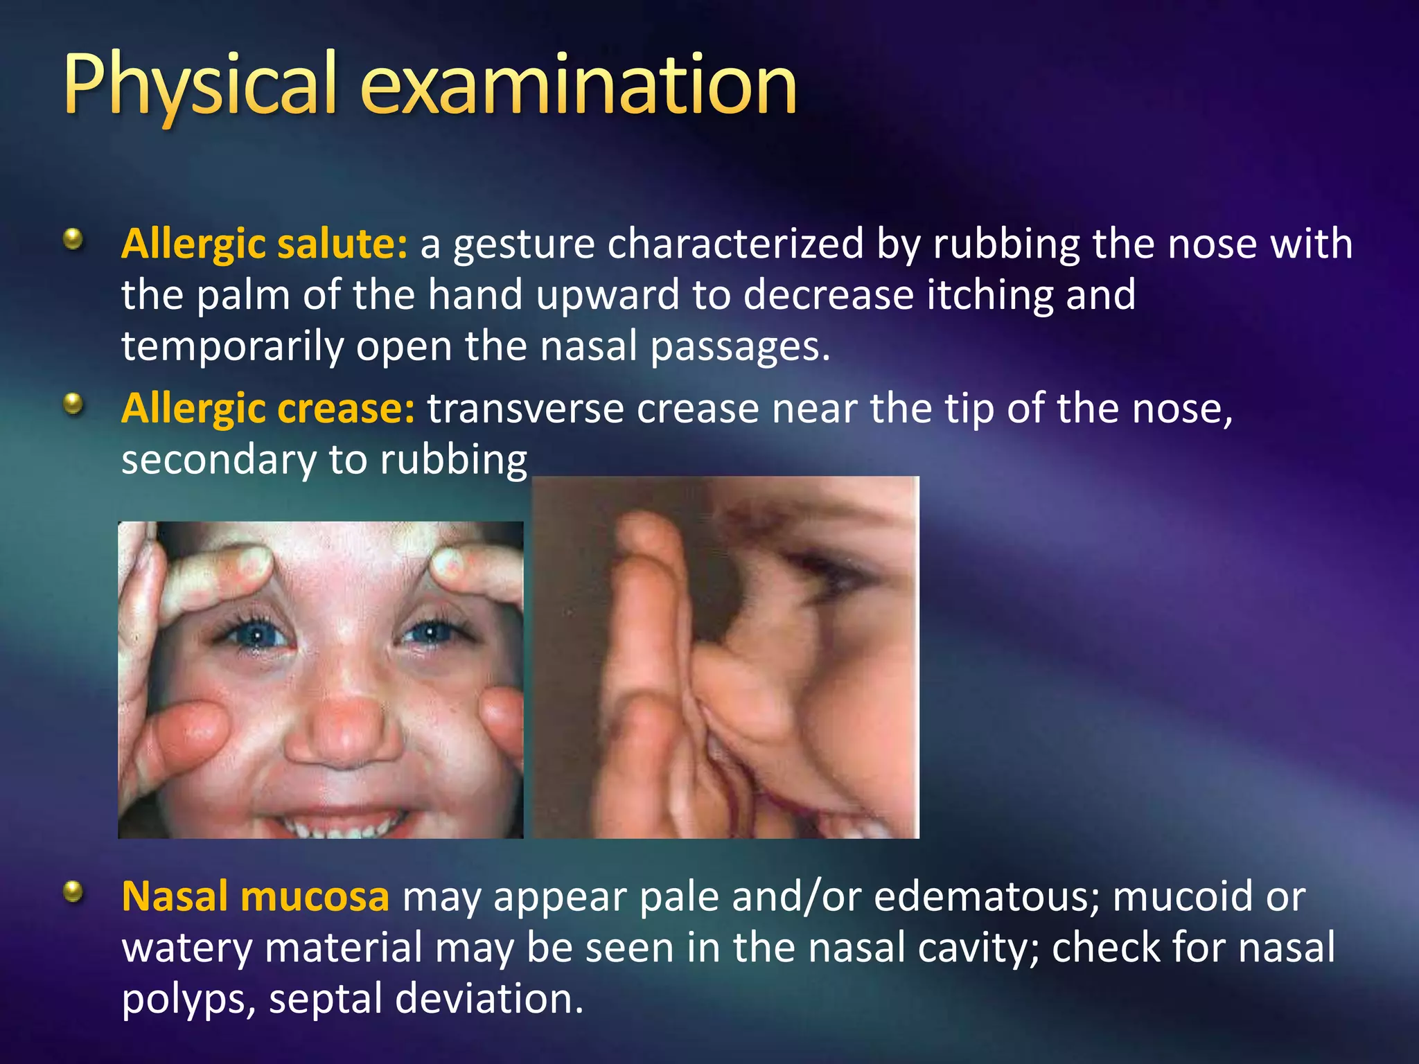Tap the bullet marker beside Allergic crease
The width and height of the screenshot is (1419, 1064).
click(x=73, y=404)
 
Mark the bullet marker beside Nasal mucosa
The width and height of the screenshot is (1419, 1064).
click(x=73, y=892)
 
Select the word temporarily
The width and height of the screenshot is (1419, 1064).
click(x=232, y=346)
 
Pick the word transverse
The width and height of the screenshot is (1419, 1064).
click(x=525, y=408)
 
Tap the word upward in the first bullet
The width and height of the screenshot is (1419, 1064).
click(x=608, y=295)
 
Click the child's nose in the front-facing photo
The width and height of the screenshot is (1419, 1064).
click(x=343, y=731)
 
